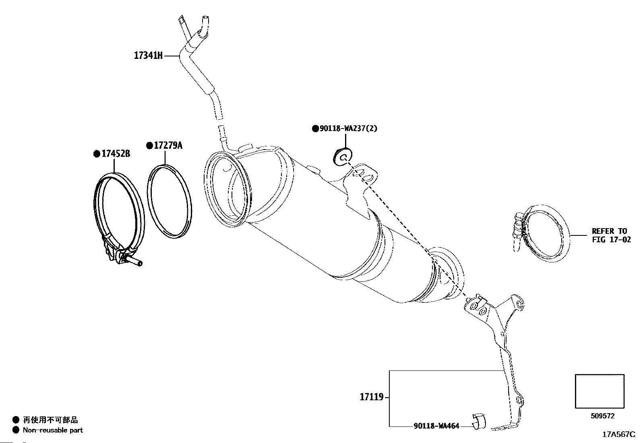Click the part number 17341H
(148, 56)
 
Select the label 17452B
(116, 154)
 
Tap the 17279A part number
(168, 146)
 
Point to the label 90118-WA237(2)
(349, 129)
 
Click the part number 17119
(371, 397)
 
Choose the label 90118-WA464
(436, 426)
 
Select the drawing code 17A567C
(618, 435)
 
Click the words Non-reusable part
(53, 430)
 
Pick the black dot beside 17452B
(96, 154)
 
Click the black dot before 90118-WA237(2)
(315, 129)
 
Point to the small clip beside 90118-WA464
(479, 421)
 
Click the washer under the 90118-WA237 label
(343, 156)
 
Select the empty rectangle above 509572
(600, 391)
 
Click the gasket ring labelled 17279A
(169, 202)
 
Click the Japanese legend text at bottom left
(50, 420)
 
